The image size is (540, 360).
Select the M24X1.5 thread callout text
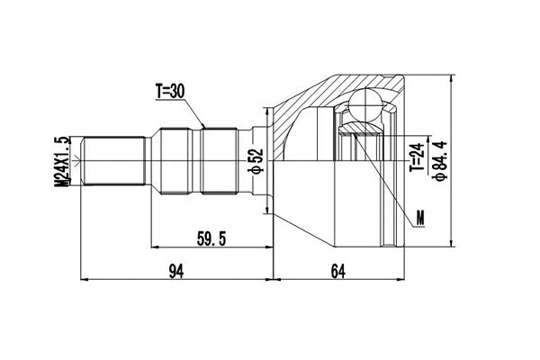[62, 162]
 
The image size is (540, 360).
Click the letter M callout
[420, 217]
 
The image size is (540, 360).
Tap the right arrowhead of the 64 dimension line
[403, 280]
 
